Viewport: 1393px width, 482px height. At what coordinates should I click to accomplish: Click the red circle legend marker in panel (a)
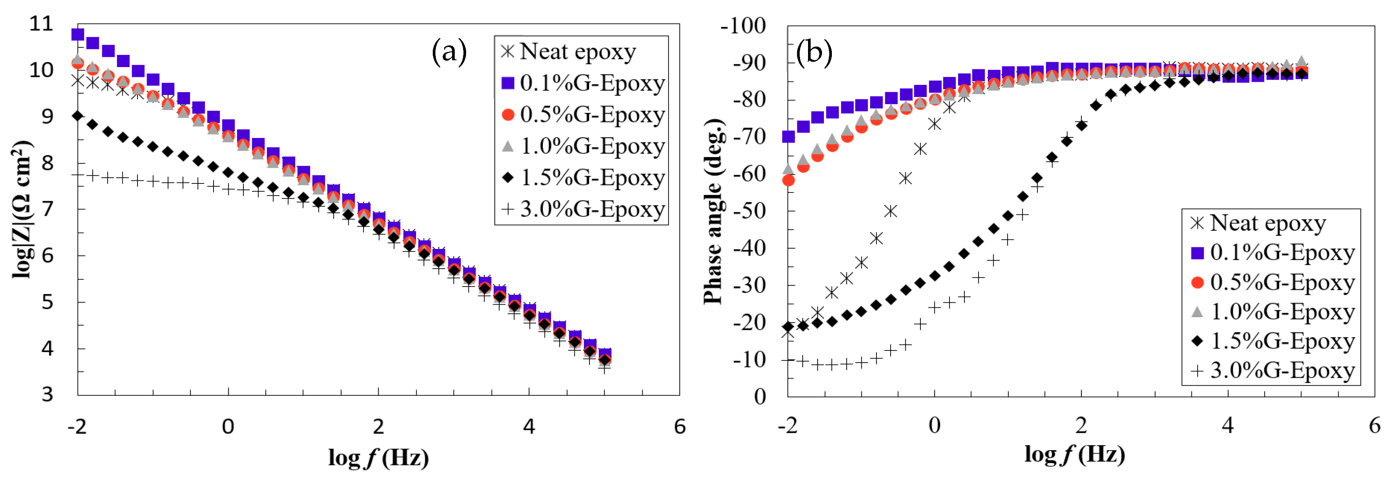point(508,115)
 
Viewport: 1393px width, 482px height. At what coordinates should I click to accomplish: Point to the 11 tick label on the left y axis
point(42,24)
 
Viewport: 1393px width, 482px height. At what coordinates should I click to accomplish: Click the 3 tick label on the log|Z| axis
point(48,395)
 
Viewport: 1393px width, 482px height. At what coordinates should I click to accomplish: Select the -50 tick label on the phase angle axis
point(749,211)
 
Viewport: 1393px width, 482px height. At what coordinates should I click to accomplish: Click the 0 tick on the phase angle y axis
point(760,397)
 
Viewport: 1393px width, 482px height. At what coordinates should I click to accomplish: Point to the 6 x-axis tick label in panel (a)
point(680,427)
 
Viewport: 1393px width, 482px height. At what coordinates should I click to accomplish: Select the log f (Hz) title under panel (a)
point(379,458)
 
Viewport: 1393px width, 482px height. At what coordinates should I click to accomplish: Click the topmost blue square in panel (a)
point(78,34)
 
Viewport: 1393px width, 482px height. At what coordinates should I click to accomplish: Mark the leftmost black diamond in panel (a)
point(78,116)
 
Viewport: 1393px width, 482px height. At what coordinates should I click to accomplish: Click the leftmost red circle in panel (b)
point(788,180)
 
